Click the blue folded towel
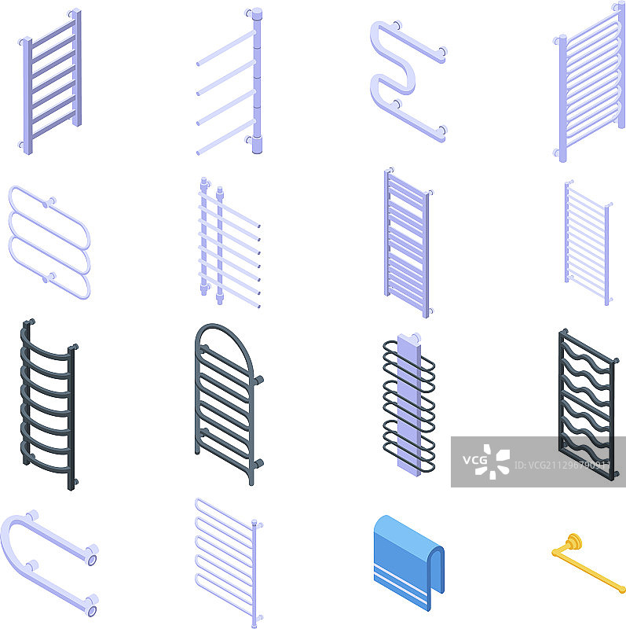point(408,561)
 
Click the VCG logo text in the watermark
point(475,460)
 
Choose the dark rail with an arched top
point(229,403)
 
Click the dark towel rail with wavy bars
point(588,405)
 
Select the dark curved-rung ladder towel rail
point(49,404)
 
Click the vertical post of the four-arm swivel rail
point(258,80)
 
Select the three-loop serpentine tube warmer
point(49,242)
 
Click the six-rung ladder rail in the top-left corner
point(50,82)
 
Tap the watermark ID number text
point(562,465)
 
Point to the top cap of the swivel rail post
point(258,13)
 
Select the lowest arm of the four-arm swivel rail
point(225,137)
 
